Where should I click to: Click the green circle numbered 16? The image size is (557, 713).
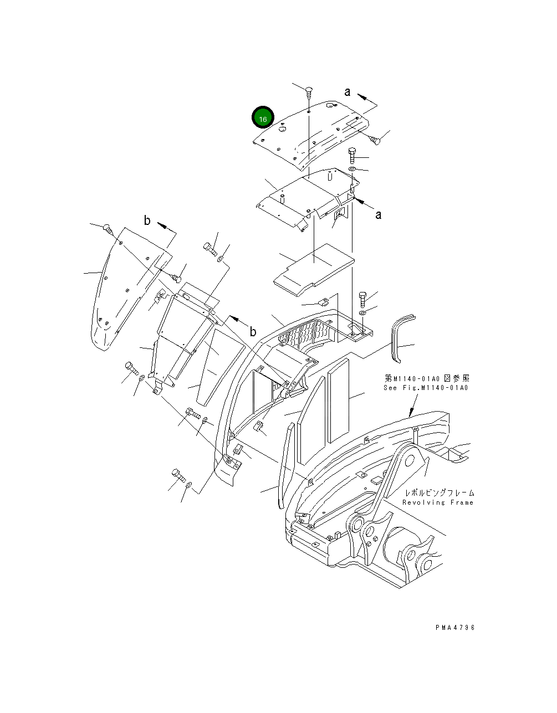[x=263, y=119]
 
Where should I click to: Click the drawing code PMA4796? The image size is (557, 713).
[x=455, y=628]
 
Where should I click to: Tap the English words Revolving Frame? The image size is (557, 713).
[x=438, y=502]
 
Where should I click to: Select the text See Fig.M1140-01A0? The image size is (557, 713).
[x=426, y=388]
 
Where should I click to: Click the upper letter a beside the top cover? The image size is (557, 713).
[x=348, y=93]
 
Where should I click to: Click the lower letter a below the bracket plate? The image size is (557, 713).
[x=378, y=215]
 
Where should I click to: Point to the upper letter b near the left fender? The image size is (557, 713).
[x=147, y=220]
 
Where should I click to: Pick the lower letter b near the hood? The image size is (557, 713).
[x=252, y=332]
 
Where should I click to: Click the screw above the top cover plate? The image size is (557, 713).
[x=309, y=92]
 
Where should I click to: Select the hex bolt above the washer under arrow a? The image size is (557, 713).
[x=353, y=154]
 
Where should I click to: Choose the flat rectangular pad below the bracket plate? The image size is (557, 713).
[x=313, y=266]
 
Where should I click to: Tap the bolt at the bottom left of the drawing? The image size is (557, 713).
[x=177, y=475]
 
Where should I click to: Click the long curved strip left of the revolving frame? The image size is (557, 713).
[x=285, y=465]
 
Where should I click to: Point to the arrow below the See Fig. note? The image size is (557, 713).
[x=411, y=411]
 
